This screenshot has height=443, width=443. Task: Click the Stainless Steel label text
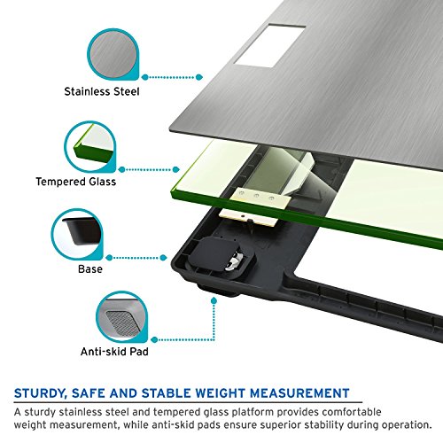point(102,91)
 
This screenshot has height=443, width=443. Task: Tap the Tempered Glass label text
point(76,182)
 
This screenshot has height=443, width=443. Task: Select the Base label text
point(90,269)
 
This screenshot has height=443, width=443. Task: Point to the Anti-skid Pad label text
point(114,352)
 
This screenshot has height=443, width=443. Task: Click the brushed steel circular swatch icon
point(113,54)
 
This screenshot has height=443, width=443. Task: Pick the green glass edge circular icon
point(90,146)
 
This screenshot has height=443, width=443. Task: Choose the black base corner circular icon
point(77,234)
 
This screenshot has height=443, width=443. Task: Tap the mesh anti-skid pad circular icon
point(122,316)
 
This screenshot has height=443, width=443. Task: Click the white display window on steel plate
point(269,46)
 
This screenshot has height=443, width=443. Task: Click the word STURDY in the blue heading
point(39,393)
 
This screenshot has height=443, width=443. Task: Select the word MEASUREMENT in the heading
point(299,393)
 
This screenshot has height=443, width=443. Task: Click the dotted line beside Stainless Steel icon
point(172,77)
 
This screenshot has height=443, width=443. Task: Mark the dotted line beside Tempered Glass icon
point(149,169)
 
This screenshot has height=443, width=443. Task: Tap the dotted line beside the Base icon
point(136,258)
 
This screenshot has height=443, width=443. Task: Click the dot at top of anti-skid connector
point(214,301)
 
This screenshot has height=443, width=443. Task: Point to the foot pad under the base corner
point(218,290)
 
